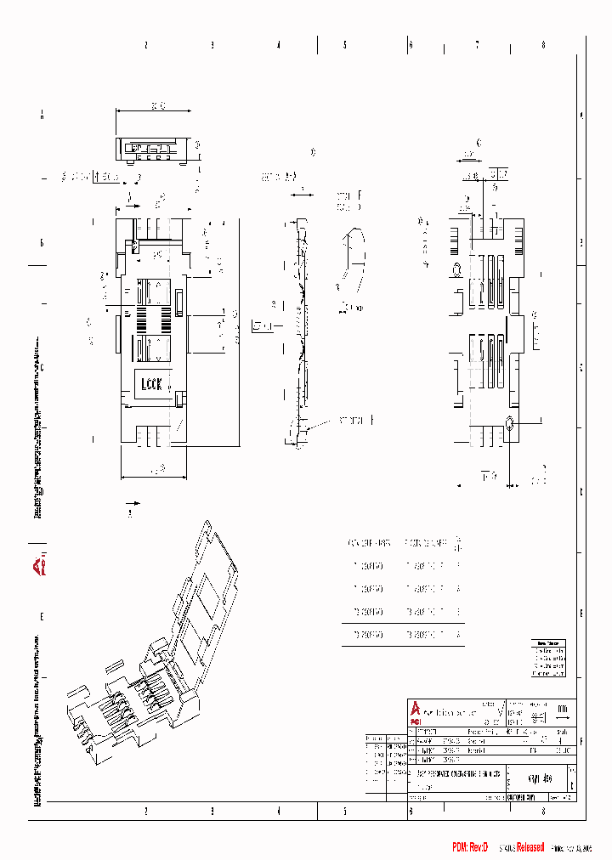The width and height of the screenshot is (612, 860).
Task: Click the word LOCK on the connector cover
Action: (150, 383)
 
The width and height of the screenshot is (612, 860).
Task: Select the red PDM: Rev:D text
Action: (470, 847)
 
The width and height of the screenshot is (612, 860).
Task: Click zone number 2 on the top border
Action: (145, 45)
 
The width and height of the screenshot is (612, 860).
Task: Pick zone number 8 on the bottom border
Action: (543, 812)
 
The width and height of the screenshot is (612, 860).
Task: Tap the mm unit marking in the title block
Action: (562, 708)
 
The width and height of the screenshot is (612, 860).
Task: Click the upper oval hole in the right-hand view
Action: (456, 270)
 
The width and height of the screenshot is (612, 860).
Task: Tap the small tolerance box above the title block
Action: (548, 659)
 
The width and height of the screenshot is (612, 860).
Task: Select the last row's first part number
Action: (367, 633)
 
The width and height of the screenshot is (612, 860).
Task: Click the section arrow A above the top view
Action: (129, 201)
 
